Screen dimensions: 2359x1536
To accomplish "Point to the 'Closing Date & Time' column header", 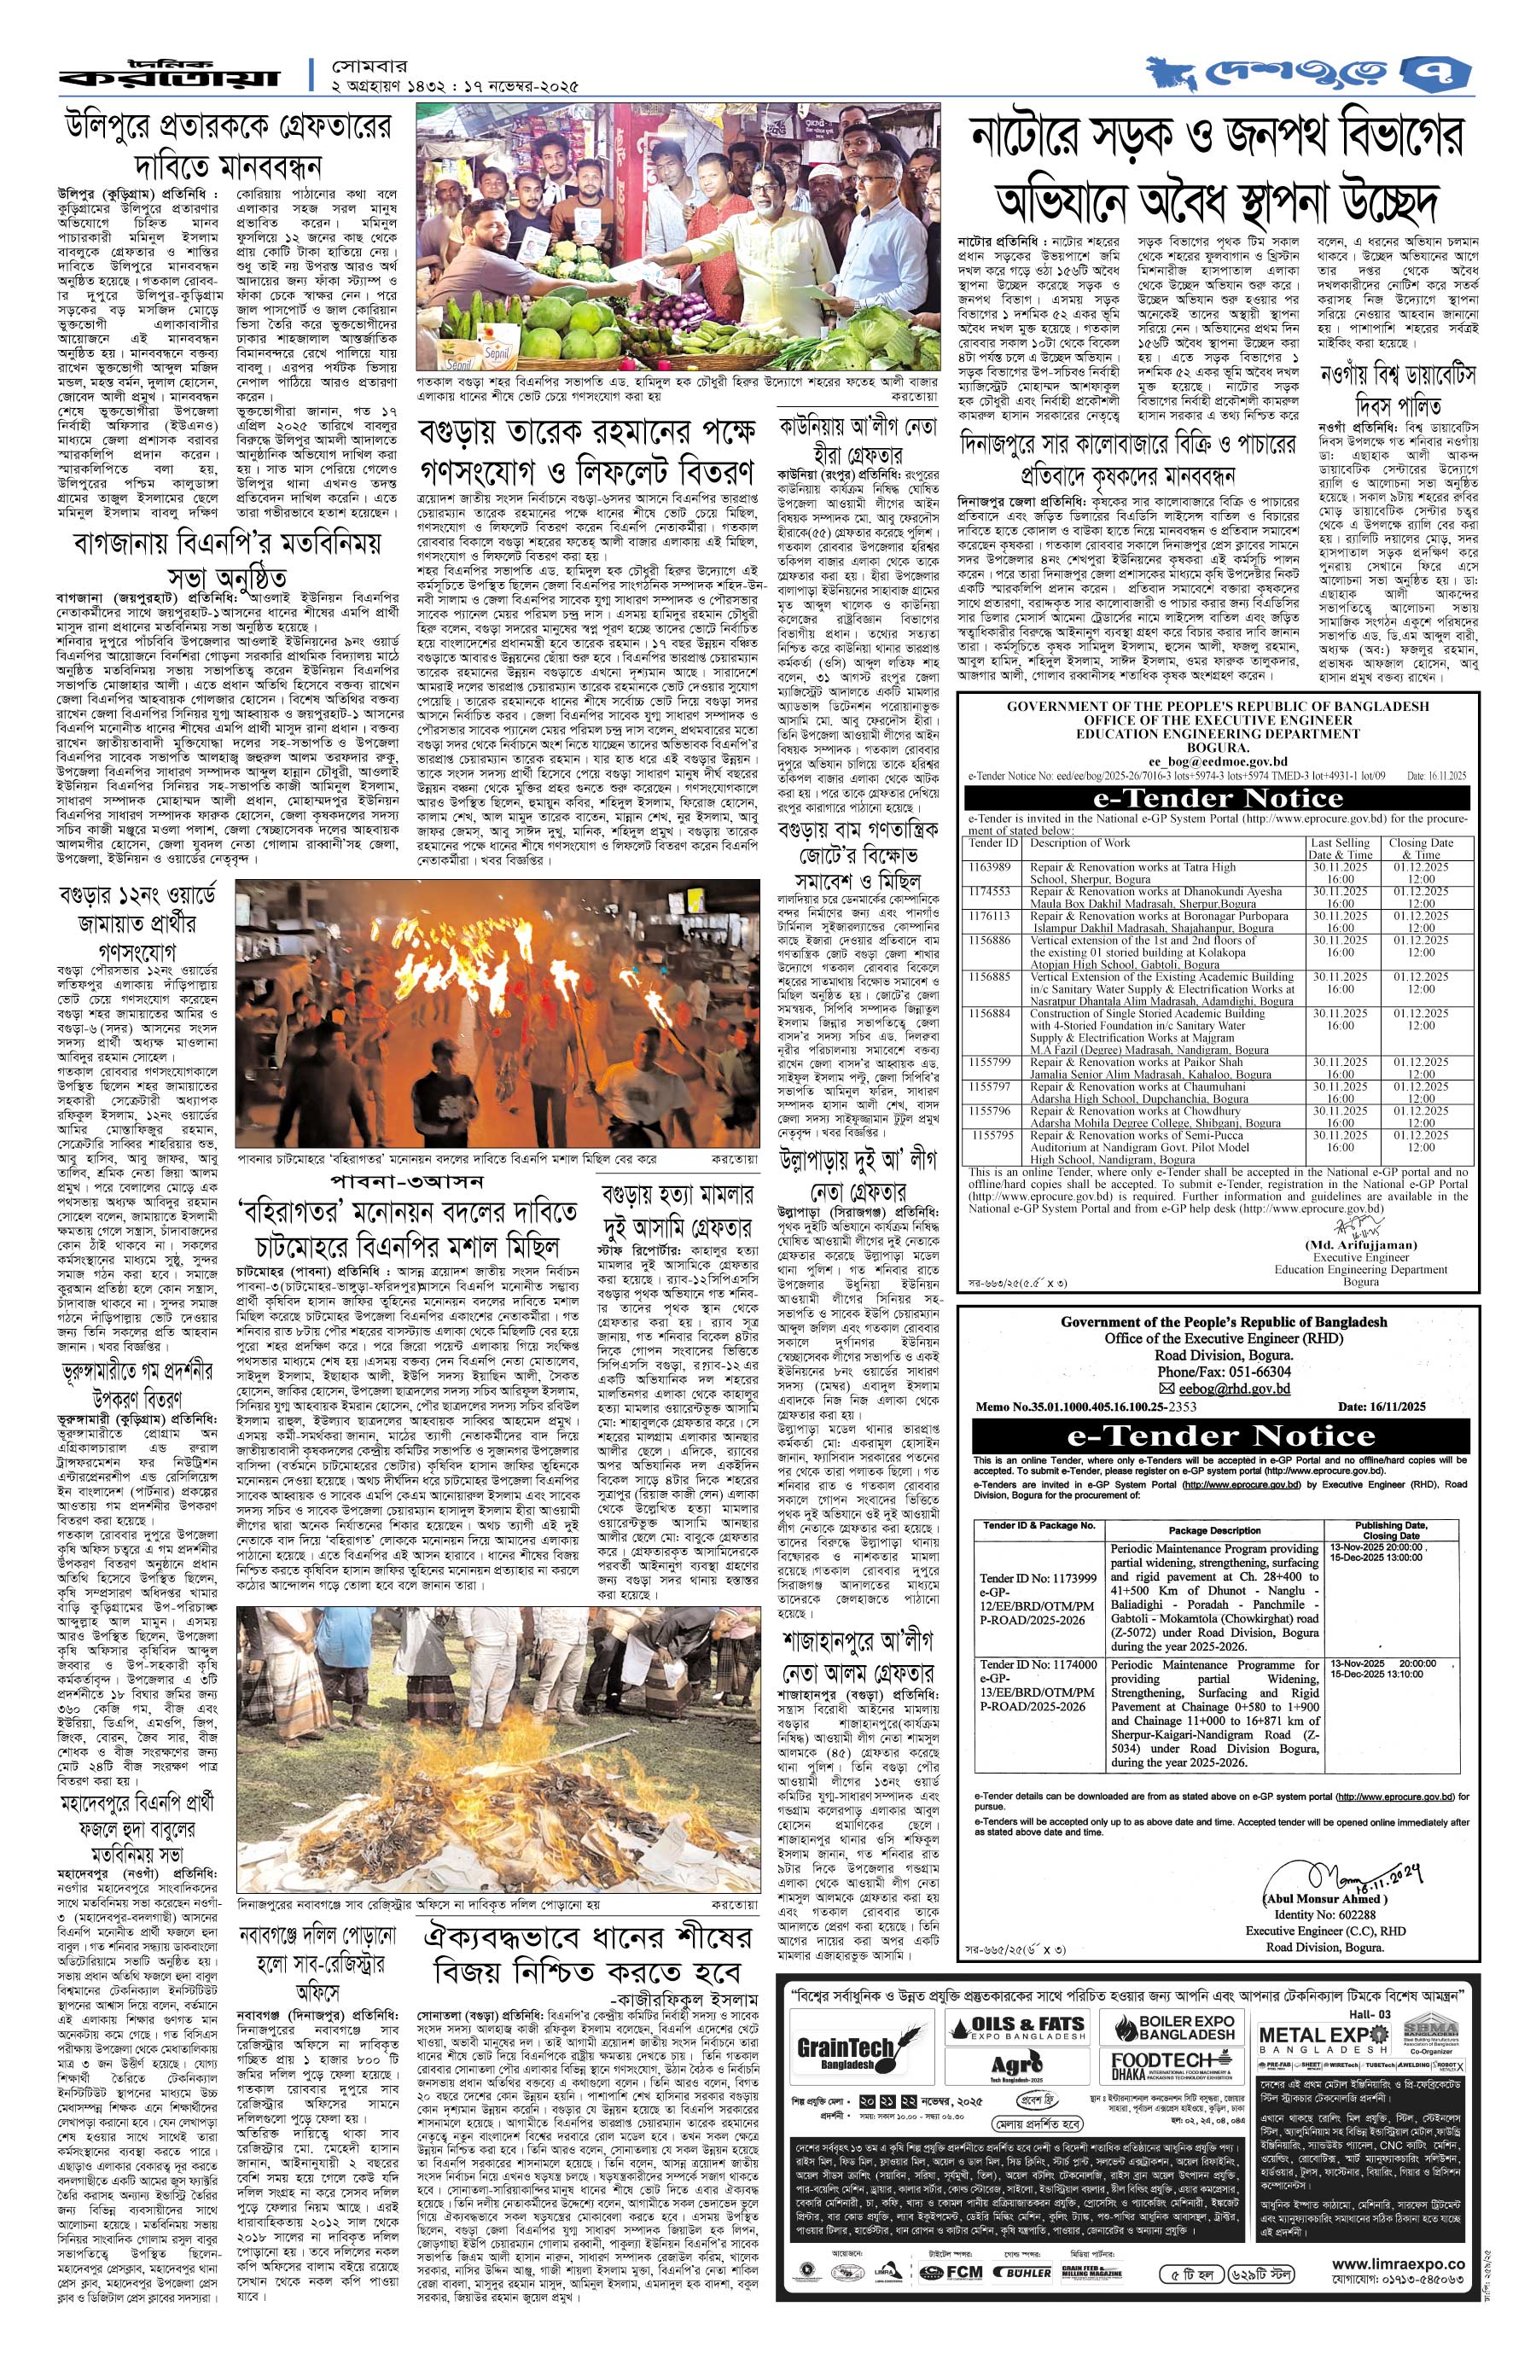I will click(x=1422, y=848).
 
